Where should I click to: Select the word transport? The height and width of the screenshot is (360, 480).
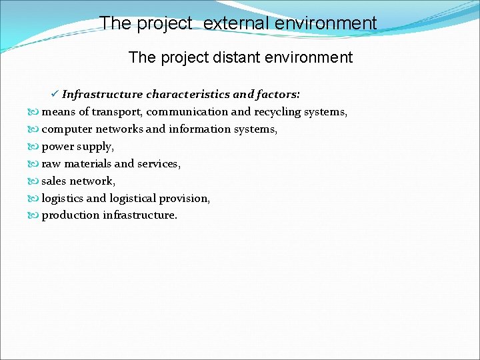117,112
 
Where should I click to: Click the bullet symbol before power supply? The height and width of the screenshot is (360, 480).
35,147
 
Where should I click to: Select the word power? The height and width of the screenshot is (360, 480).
57,147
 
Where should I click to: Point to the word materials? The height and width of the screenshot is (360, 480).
86,164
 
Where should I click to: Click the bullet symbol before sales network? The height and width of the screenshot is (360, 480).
35,181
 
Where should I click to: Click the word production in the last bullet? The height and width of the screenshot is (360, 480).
71,215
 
